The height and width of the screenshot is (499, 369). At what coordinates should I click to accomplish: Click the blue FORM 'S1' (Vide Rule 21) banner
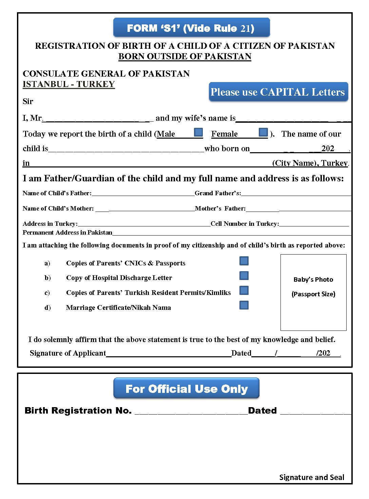[x=191, y=28]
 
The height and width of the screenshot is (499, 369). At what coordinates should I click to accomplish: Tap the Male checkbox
[x=198, y=132]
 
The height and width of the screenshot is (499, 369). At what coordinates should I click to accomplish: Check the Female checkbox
[x=263, y=132]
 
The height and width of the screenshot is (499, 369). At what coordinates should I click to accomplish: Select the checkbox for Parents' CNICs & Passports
[x=244, y=261]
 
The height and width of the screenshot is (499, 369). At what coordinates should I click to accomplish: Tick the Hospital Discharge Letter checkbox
[x=244, y=276]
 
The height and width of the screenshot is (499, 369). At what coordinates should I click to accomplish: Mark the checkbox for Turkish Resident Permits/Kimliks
[x=244, y=291]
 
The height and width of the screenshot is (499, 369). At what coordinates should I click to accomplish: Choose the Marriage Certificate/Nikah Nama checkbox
[x=244, y=305]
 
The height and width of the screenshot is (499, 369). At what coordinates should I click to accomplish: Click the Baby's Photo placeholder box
[x=313, y=292]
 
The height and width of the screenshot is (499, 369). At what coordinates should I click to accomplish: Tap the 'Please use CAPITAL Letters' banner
[x=278, y=92]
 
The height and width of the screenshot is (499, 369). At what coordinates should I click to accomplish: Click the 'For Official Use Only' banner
[x=187, y=388]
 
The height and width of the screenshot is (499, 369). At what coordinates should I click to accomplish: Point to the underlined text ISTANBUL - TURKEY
[x=69, y=84]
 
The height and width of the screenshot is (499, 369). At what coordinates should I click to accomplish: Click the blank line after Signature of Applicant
[x=169, y=353]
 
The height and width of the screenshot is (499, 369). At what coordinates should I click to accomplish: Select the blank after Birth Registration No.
[x=191, y=411]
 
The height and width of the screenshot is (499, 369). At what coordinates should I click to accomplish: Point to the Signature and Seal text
[x=311, y=477]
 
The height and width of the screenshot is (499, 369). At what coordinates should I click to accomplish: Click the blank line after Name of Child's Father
[x=143, y=193]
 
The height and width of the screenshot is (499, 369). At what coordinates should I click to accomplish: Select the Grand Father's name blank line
[x=296, y=193]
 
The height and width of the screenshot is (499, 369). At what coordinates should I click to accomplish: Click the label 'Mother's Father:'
[x=220, y=208]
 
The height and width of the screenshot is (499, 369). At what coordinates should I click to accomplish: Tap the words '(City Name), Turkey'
[x=310, y=163]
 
